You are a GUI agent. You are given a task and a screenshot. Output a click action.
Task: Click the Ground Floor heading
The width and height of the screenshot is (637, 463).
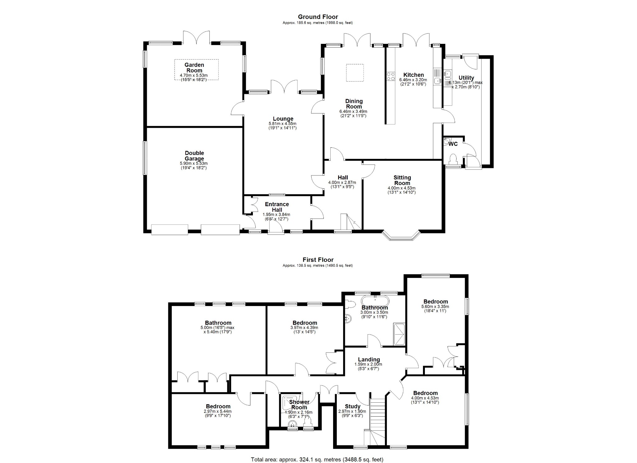click(x=318, y=17)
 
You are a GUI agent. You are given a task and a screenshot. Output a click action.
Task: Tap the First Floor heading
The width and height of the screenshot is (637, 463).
click(x=318, y=260)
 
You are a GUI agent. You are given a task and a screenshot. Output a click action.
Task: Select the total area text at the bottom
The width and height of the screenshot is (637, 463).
click(x=317, y=459)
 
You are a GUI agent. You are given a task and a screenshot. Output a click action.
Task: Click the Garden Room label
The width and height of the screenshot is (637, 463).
click(x=194, y=67)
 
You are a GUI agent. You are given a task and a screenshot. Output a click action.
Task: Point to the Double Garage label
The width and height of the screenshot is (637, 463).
click(x=194, y=156)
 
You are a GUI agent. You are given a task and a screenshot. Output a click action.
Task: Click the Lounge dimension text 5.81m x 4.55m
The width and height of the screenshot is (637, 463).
click(x=282, y=123)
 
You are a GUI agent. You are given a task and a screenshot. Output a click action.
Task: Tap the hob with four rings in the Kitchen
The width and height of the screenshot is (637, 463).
click(x=390, y=76)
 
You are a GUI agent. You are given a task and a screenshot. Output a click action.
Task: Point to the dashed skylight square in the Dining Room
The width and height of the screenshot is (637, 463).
click(x=355, y=73)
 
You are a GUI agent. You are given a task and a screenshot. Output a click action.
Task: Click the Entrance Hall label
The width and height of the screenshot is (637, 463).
click(x=277, y=207)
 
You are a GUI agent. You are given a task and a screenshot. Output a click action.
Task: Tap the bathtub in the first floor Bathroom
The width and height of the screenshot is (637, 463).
click(x=375, y=301)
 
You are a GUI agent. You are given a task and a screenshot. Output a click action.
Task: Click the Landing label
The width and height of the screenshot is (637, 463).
click(x=369, y=359)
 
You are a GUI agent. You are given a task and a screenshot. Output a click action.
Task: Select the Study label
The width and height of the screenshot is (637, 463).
click(x=352, y=406)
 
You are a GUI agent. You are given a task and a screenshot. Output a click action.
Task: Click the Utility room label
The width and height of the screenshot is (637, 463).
click(x=466, y=78)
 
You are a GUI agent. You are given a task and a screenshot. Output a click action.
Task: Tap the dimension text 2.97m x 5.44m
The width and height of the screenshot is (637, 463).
click(x=217, y=411)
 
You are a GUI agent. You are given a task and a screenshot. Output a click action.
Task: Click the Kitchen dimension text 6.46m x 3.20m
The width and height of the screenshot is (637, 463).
click(x=413, y=80)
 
